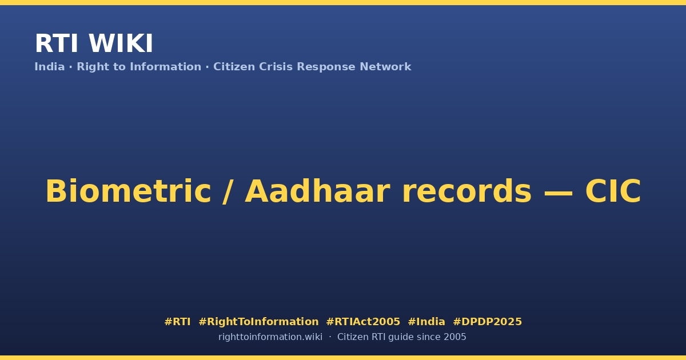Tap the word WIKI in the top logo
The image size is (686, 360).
point(121,43)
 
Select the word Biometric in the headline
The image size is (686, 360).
point(128,191)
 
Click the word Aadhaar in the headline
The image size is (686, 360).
point(318,191)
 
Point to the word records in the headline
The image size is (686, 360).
point(466,191)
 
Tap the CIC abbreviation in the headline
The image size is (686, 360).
point(613,191)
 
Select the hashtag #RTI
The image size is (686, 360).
point(177,322)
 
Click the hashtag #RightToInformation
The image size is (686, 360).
point(258,322)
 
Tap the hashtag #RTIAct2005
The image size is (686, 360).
point(363,322)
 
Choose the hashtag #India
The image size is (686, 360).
point(426,322)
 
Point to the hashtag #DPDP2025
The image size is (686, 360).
point(487,322)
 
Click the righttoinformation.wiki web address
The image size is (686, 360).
point(270,337)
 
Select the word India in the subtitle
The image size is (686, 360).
point(50,67)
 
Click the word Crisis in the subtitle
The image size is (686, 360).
point(276,67)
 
